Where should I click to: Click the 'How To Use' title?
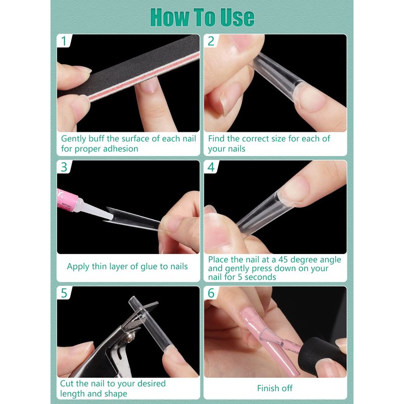203,17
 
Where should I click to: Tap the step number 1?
64,41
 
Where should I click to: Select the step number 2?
211,41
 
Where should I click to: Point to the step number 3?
64,167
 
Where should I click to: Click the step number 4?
211,167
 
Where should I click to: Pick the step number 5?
64,293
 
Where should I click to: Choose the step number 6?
211,293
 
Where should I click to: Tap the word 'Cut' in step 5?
67,383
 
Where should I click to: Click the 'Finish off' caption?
275,388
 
